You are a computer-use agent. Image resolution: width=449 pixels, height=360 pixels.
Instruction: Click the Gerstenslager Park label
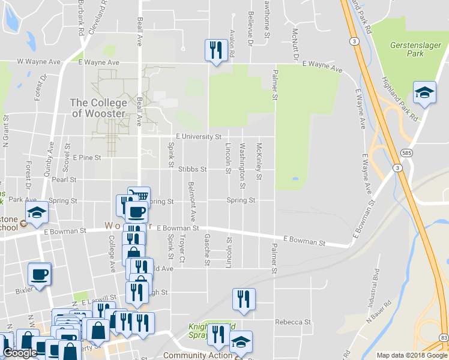(415, 49)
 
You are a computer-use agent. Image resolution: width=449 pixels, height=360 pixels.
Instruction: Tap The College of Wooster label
(98, 108)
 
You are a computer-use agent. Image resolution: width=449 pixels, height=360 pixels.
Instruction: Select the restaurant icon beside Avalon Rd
(215, 50)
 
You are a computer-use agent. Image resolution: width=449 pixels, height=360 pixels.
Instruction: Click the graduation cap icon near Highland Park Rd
(425, 93)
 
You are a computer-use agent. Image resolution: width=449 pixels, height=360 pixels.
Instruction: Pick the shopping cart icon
(139, 196)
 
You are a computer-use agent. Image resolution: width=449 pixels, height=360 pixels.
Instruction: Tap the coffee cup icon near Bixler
(40, 274)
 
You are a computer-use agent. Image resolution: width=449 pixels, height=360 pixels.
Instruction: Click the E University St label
(199, 137)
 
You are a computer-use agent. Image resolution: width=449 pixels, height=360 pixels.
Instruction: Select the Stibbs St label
(192, 169)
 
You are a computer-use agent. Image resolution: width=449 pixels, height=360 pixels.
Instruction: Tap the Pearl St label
(64, 179)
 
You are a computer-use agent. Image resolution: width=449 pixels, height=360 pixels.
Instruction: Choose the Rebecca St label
(293, 322)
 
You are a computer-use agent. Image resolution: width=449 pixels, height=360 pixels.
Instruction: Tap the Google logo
(20, 353)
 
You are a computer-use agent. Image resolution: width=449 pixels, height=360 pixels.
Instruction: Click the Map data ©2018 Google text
(412, 355)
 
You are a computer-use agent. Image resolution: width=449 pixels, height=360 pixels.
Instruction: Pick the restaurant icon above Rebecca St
(244, 299)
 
